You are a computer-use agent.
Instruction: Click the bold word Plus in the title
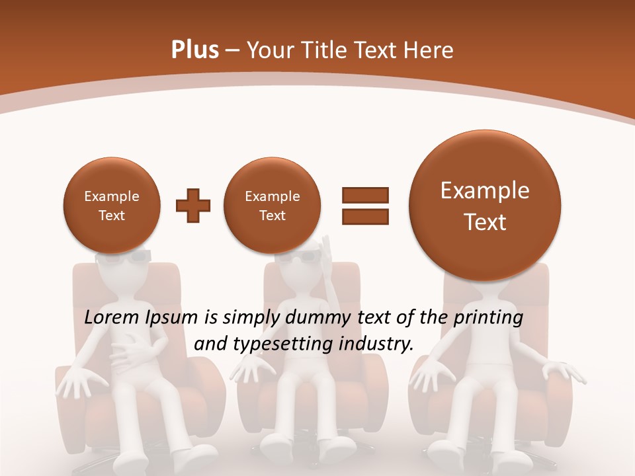point(195,50)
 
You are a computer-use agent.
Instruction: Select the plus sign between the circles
point(193,206)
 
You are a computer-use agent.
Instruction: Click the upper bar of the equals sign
point(364,195)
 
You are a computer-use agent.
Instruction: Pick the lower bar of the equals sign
point(364,216)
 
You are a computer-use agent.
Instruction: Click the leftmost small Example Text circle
point(112,206)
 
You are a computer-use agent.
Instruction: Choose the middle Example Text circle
point(272,206)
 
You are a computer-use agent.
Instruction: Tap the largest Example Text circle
point(485,206)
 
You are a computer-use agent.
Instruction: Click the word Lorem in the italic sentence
point(112,318)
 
